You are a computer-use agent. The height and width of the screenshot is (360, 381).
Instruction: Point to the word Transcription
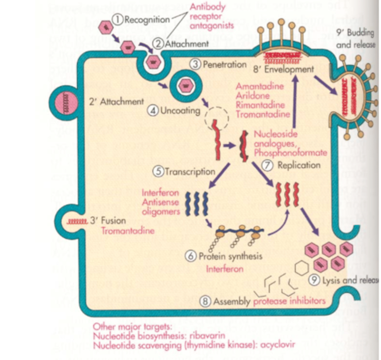(x=190, y=172)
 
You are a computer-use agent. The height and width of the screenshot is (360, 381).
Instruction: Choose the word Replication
(x=299, y=165)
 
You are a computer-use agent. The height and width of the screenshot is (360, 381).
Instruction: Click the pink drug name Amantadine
(x=260, y=86)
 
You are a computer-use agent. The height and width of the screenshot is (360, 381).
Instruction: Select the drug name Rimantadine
(x=260, y=105)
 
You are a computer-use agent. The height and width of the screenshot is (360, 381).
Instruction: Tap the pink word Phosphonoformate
(x=290, y=153)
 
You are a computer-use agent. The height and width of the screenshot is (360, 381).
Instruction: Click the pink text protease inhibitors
(x=289, y=301)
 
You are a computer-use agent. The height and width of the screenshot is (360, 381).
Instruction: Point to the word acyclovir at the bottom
(x=278, y=345)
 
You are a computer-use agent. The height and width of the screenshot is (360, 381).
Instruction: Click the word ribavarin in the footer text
(x=207, y=335)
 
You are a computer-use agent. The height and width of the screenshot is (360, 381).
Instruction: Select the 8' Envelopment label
(x=283, y=70)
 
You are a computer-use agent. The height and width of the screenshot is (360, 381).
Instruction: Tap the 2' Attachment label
(x=116, y=102)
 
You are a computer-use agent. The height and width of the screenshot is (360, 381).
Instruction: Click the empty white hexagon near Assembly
(x=301, y=268)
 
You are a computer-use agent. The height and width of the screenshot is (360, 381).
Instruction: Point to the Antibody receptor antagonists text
(x=212, y=16)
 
